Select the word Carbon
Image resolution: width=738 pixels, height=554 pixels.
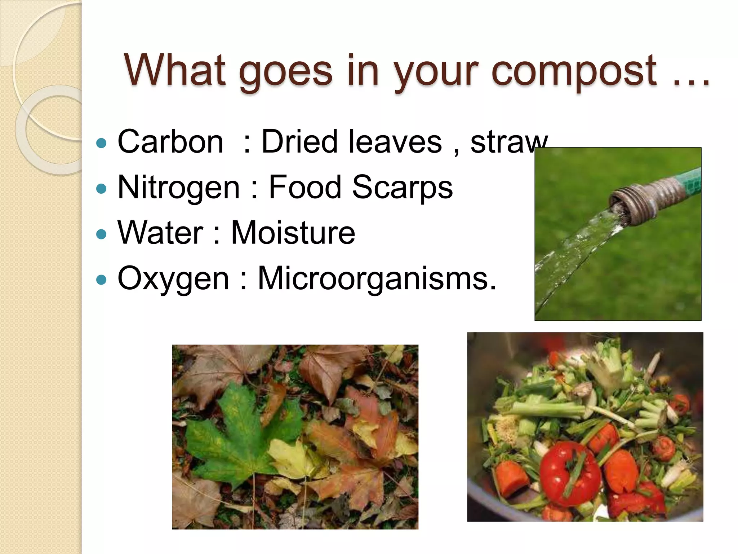tap(170, 142)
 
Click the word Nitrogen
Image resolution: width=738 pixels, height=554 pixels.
tap(179, 188)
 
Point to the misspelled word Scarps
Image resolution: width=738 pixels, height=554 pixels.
tap(402, 187)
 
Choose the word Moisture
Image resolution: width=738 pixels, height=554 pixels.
tap(293, 233)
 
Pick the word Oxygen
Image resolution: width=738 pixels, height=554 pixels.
tap(173, 279)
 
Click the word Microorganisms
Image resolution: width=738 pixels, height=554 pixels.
tap(377, 278)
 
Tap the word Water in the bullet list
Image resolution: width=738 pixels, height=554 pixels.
tap(160, 233)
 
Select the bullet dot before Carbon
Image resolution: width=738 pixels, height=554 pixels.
tap(102, 143)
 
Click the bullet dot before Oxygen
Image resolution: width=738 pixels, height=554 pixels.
tap(102, 280)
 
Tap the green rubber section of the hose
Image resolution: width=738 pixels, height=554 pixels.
tap(690, 180)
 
